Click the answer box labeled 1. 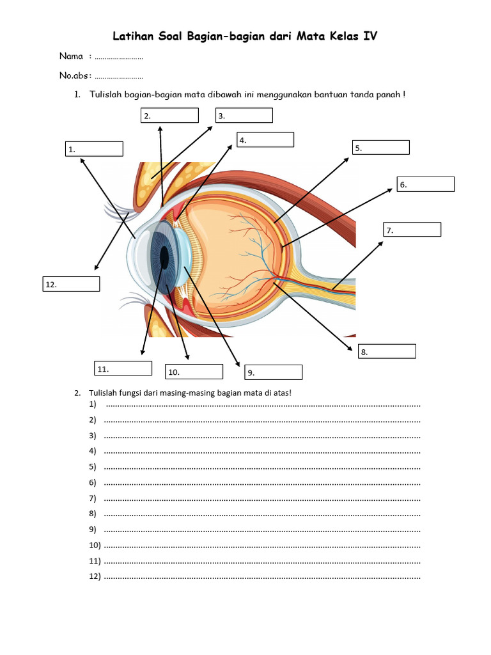(93, 148)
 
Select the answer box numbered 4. (265, 139)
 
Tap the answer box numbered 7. (412, 230)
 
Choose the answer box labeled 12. (71, 284)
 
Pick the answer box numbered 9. (274, 372)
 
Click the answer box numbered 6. (425, 184)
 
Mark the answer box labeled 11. (123, 368)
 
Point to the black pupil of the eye (164, 256)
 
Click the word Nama (72, 56)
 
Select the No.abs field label (74, 75)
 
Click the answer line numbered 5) (261, 467)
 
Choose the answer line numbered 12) (261, 577)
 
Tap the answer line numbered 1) (261, 404)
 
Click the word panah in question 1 (389, 95)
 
